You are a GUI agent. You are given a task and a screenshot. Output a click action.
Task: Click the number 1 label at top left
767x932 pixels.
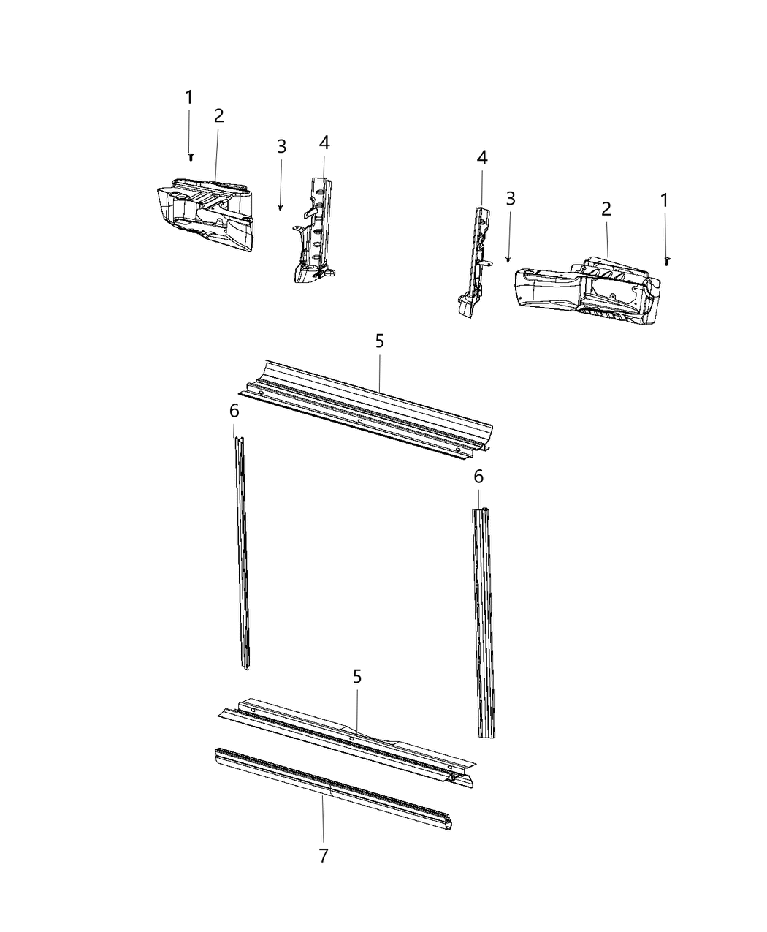coord(189,97)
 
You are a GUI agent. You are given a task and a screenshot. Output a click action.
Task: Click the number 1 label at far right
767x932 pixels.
coord(664,200)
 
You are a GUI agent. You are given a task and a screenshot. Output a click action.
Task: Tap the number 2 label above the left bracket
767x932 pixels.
coord(218,115)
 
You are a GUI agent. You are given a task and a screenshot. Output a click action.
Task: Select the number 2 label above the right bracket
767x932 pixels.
coord(606,209)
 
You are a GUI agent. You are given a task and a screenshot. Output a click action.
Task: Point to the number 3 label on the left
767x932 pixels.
coord(281,146)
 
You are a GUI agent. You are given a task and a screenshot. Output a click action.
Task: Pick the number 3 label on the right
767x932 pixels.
coord(511,198)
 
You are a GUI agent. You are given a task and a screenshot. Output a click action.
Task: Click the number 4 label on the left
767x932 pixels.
coord(324,143)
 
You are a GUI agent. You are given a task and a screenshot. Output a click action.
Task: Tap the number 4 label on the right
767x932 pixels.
coord(481,157)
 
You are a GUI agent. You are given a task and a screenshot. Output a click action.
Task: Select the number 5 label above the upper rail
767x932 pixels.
coord(379,341)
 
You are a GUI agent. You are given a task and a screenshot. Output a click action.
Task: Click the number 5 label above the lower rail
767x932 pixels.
coord(357,677)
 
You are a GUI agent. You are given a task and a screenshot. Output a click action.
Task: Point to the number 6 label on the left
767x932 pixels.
coord(234,411)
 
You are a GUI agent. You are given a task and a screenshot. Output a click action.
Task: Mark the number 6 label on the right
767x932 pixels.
coord(478,477)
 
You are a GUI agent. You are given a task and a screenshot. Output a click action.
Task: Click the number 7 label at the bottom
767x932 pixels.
coord(324,855)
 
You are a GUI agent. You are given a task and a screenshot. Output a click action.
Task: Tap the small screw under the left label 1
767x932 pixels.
coord(191,156)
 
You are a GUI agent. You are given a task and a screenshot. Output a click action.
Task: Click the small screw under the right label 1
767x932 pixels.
coord(668,260)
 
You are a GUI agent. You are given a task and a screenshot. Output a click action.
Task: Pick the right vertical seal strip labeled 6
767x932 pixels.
coord(483,621)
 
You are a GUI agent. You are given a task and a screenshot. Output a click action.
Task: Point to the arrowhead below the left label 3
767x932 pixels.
coord(281,208)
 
